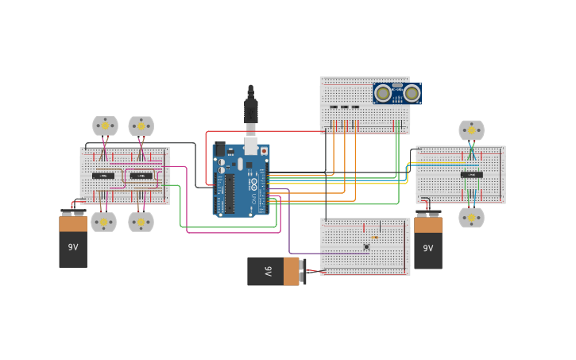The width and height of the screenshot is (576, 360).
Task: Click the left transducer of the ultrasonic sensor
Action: (383, 93)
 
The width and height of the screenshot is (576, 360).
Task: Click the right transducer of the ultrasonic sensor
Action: (412, 93)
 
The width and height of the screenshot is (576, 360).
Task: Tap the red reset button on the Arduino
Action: (264, 151)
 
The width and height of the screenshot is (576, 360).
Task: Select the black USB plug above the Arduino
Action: (250, 107)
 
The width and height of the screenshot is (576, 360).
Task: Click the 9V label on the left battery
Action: (73, 247)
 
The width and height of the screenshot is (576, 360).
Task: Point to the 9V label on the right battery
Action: (428, 248)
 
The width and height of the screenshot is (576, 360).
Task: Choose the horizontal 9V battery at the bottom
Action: (273, 271)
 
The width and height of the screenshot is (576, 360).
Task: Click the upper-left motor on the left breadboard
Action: (105, 126)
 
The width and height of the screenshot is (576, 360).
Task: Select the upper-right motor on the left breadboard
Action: (141, 126)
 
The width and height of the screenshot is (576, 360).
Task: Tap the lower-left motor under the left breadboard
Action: (104, 222)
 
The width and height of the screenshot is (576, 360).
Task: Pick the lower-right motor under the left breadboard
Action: (141, 222)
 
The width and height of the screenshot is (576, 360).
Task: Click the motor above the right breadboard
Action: (471, 130)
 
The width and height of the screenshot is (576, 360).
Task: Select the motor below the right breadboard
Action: (471, 217)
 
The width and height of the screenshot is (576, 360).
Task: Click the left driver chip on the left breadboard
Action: (102, 176)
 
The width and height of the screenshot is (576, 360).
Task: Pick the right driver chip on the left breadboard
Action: (141, 176)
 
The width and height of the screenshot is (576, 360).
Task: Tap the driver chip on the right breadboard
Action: (471, 175)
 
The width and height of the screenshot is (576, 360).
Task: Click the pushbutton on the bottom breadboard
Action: (366, 246)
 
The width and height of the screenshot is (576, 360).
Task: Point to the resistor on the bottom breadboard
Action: (374, 237)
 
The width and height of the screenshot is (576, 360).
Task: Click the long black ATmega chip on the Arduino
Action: (230, 195)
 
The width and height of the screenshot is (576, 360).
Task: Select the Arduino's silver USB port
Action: (251, 146)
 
